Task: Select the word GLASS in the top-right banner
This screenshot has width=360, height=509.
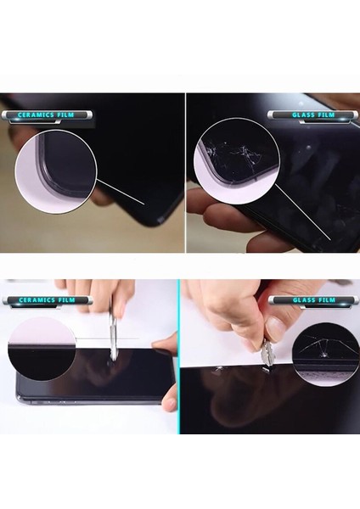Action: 293,114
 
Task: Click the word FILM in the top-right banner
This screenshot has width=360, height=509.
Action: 316,114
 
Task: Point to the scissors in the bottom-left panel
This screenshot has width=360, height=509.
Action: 111,337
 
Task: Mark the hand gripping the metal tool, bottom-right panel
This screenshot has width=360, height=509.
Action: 233,314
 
